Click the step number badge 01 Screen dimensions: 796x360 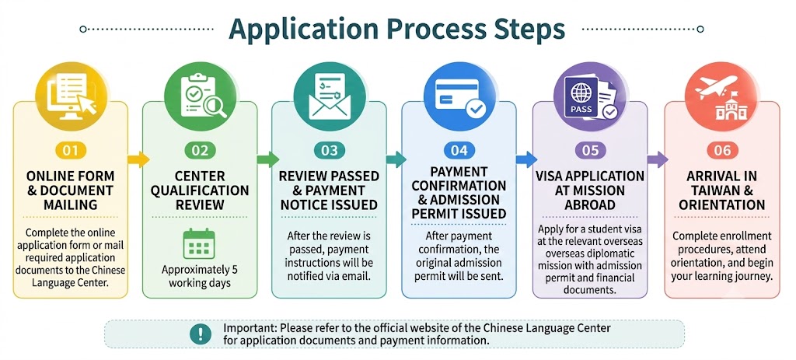pos(71,150)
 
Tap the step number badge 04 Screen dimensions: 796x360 pos(459,150)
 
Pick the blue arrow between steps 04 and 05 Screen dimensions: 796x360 pos(526,159)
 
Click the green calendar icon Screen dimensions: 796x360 pos(199,243)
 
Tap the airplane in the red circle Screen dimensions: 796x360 pos(716,86)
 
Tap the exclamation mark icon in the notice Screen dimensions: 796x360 pos(201,334)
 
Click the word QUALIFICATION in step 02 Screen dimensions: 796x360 pos(199,190)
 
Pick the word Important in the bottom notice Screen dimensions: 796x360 pos(250,328)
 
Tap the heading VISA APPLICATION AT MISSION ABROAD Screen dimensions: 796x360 pos(590,190)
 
